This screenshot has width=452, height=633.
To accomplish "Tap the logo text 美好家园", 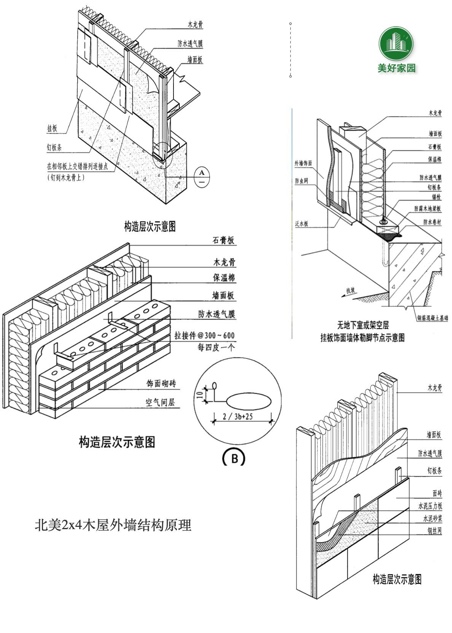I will coord(396,68).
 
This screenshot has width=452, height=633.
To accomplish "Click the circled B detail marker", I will coord(234,458).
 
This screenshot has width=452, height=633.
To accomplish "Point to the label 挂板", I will coord(52,129).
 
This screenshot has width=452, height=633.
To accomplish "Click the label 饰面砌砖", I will coord(161,384).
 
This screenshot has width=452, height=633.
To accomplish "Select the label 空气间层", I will coord(160,402).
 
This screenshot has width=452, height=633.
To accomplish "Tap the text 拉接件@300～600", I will coord(205,336).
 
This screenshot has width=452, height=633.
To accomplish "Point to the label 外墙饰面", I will coord(303,164).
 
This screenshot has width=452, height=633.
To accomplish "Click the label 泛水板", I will coord(301,224).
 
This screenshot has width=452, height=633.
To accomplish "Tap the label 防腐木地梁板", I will coord(428,208).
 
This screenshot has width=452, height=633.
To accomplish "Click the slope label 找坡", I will coord(350,291).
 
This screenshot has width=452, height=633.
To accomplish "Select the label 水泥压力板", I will coord(430,506).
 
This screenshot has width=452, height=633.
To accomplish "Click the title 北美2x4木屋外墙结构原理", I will coord(113,525).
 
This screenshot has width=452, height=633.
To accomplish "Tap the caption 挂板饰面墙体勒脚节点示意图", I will coord(362,337).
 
